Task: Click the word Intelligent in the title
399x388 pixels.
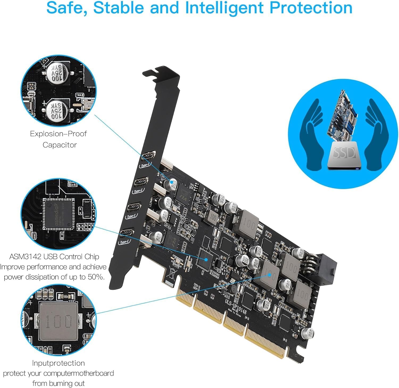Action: [224, 8]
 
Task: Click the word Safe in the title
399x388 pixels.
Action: [66, 8]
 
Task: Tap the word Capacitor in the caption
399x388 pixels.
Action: [60, 145]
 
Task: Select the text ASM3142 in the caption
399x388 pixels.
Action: [25, 257]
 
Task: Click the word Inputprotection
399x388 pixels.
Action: [58, 363]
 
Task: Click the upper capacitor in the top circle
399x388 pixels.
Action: [57, 72]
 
